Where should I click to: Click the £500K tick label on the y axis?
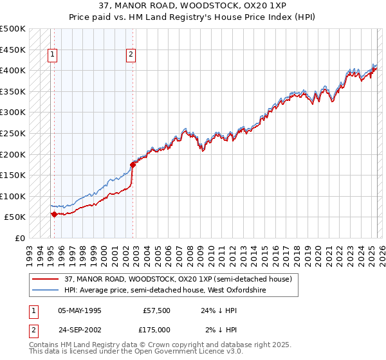point(13,29)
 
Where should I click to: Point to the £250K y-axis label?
point(13,133)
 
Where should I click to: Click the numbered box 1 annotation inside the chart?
point(52,55)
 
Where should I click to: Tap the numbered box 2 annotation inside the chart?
point(131,55)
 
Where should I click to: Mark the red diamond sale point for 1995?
point(54,214)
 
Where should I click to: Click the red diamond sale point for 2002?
point(133,165)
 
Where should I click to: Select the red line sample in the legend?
point(46,280)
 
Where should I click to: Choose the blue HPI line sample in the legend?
point(46,291)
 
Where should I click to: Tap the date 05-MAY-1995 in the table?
point(80,310)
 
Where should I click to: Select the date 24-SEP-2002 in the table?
point(80,330)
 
